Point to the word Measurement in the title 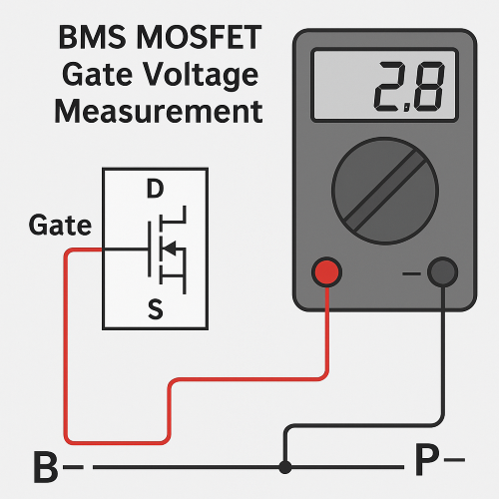click(x=158, y=110)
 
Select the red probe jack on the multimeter click(x=326, y=271)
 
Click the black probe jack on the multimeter click(x=442, y=271)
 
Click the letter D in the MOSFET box click(x=155, y=189)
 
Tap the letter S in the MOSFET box click(x=155, y=310)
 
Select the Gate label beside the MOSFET click(x=60, y=226)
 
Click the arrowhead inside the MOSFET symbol click(x=170, y=247)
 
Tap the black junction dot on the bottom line click(x=285, y=466)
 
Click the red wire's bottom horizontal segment click(x=115, y=440)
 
